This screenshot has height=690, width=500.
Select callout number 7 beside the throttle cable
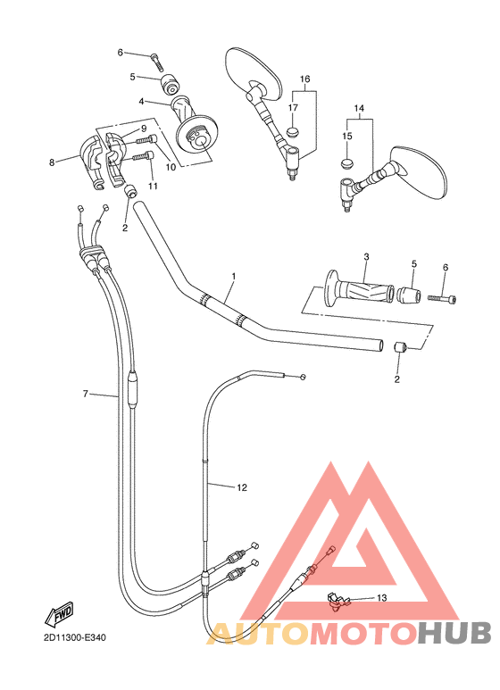(86, 393)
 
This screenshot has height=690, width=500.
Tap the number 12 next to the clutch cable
(241, 487)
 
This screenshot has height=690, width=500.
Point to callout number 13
(381, 597)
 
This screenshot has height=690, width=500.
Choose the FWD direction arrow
(60, 614)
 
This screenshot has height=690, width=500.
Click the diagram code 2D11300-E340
(73, 638)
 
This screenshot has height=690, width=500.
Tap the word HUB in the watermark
(454, 633)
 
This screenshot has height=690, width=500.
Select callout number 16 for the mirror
(305, 79)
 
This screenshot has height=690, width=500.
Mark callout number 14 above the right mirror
(360, 109)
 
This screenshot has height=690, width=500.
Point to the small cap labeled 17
(293, 132)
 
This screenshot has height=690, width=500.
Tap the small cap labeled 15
(347, 162)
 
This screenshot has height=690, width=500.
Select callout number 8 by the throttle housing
(52, 162)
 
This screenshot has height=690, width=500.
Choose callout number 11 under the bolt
(153, 186)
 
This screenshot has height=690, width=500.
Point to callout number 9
(142, 129)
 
